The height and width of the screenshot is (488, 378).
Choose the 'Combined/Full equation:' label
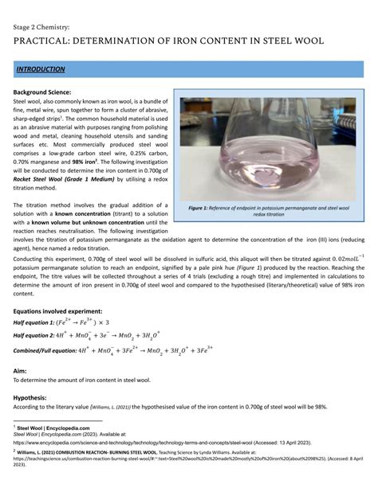pos(50,351)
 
